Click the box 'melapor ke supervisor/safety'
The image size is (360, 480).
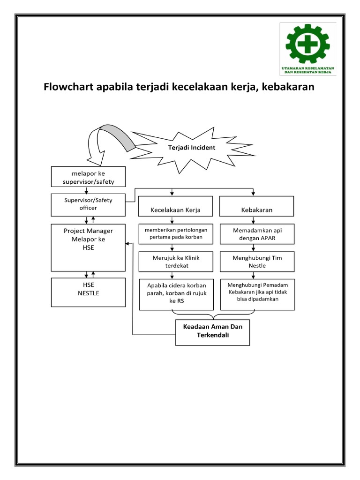click(88, 177)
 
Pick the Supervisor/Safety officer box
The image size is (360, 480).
click(88, 204)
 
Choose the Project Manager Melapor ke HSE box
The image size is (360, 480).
click(88, 247)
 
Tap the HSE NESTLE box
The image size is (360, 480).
click(88, 292)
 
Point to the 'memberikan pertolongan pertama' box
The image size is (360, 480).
click(175, 234)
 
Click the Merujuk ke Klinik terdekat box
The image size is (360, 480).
click(175, 262)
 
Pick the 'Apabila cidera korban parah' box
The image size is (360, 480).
click(173, 294)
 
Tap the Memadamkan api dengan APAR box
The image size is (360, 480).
click(257, 234)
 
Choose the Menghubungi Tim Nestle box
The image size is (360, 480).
click(257, 262)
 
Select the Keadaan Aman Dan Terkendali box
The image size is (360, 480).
click(212, 332)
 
